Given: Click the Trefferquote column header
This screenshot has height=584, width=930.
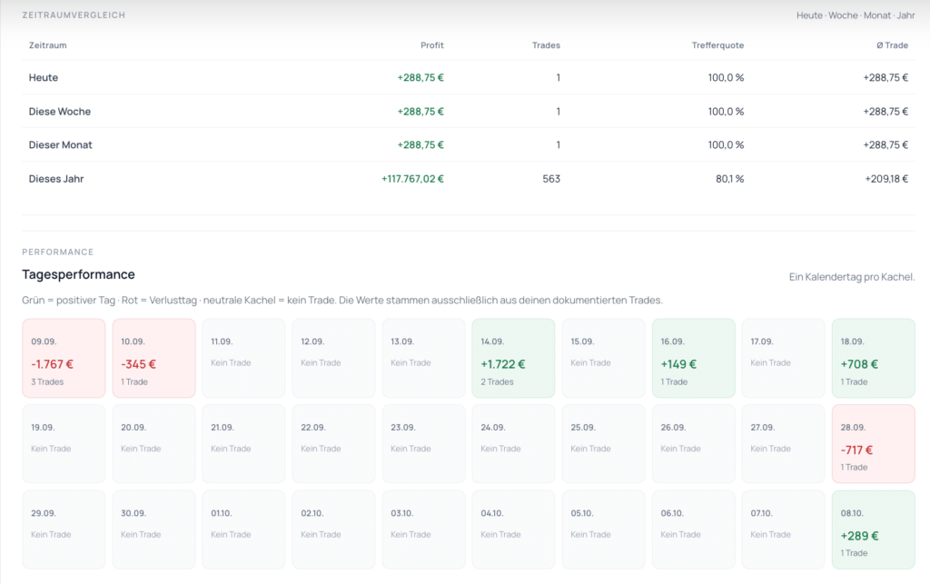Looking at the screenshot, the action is click(717, 45).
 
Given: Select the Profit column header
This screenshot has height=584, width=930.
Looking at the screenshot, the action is click(431, 45).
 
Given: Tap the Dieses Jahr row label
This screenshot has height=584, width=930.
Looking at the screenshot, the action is click(56, 178).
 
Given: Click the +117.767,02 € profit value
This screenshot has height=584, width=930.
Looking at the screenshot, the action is click(413, 178).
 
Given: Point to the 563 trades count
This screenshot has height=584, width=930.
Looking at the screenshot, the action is click(551, 178).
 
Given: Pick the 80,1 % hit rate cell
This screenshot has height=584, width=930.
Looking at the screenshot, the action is click(729, 178).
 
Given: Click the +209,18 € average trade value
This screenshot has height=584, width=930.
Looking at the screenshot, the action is click(886, 178).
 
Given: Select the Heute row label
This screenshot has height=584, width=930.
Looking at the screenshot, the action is click(44, 78).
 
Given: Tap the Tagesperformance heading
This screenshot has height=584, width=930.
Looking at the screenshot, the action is click(78, 274).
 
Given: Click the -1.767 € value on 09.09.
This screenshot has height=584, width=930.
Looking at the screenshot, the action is click(52, 364).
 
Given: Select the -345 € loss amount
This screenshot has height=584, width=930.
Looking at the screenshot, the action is click(138, 364).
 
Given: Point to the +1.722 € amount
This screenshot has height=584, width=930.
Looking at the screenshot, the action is click(503, 364).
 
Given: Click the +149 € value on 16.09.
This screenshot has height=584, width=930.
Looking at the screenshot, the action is click(678, 364).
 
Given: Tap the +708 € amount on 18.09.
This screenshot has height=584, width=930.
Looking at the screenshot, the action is click(859, 364).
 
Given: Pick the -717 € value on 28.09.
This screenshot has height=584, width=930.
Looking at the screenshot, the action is click(856, 450).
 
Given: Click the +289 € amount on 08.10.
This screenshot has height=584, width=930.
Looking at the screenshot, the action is click(859, 536).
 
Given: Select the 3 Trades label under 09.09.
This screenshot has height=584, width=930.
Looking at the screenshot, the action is click(47, 381).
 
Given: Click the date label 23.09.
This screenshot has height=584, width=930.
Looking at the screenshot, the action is click(402, 428).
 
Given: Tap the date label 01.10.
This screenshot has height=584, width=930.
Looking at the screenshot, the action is click(222, 513).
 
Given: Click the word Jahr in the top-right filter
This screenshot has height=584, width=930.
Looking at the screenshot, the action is click(905, 15).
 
